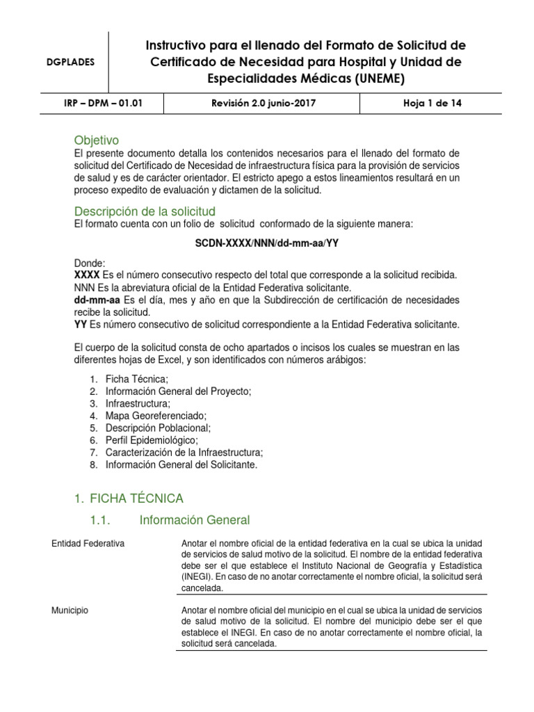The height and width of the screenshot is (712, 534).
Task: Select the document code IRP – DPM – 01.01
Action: (103, 104)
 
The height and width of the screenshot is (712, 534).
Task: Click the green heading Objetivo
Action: (97, 140)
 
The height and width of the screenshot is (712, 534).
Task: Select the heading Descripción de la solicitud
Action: (145, 211)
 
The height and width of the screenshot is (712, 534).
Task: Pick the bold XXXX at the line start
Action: (87, 275)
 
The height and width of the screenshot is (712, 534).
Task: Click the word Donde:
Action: (90, 264)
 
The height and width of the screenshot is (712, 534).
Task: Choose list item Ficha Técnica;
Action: (137, 379)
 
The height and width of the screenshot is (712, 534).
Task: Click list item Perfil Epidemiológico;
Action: (152, 440)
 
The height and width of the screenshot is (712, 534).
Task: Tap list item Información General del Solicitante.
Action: (181, 464)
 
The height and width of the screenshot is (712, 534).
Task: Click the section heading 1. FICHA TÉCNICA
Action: (129, 499)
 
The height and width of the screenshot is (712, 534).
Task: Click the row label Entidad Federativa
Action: (88, 544)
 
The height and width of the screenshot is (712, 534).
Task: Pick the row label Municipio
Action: (70, 610)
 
